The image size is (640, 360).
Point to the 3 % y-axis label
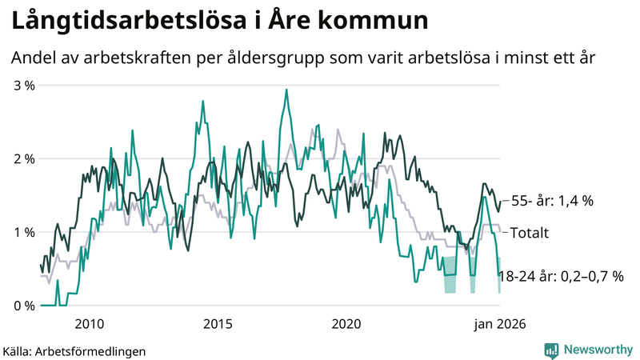click(x=23, y=85)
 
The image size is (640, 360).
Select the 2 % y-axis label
click(x=23, y=158)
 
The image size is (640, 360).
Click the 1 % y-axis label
click(x=23, y=232)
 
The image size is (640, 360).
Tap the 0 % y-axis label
click(x=23, y=306)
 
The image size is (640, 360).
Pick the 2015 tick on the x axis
click(x=217, y=324)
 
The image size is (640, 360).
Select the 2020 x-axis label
click(x=346, y=324)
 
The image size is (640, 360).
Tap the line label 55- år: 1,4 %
click(x=552, y=202)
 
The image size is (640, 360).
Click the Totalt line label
click(x=529, y=234)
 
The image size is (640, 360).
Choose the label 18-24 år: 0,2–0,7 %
click(x=560, y=276)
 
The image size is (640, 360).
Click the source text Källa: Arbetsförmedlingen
click(x=62, y=350)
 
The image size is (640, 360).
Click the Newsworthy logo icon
click(x=551, y=350)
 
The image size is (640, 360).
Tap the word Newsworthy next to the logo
click(x=597, y=350)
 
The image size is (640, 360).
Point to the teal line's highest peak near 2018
click(x=286, y=90)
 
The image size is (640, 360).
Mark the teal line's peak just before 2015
click(x=202, y=101)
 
